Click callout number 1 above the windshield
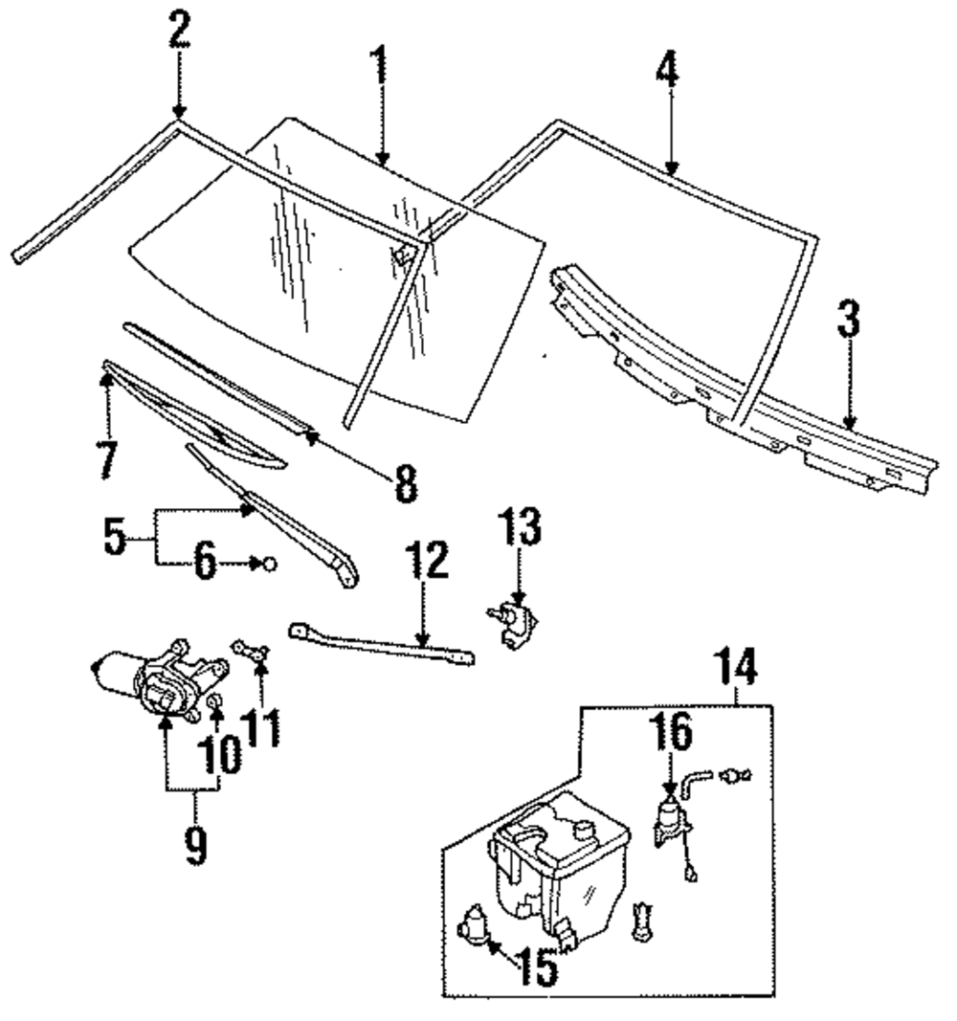pyautogui.click(x=379, y=70)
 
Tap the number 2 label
pyautogui.click(x=179, y=30)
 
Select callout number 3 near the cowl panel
pyautogui.click(x=849, y=319)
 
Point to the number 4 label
pyautogui.click(x=668, y=69)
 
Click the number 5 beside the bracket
pyautogui.click(x=115, y=537)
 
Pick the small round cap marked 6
pyautogui.click(x=270, y=564)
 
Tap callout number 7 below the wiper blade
pyautogui.click(x=107, y=459)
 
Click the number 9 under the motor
pyautogui.click(x=195, y=845)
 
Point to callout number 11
pyautogui.click(x=260, y=727)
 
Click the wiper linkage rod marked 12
pyautogui.click(x=382, y=645)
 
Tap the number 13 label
pyautogui.click(x=521, y=526)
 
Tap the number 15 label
pyautogui.click(x=538, y=966)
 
